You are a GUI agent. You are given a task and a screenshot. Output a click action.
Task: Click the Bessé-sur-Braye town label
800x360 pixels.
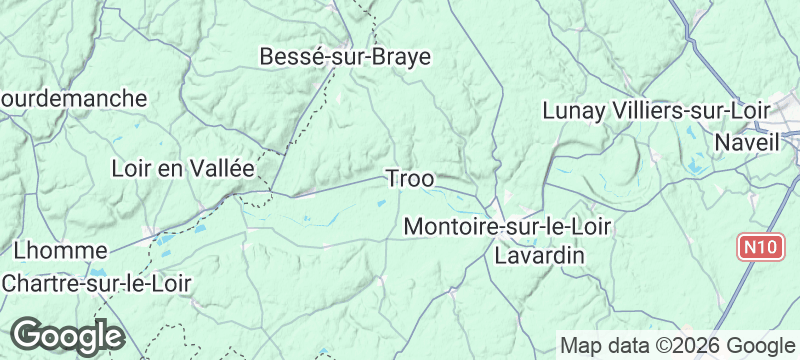(x=344, y=57)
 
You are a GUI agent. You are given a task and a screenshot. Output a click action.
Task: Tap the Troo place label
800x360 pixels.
(x=410, y=180)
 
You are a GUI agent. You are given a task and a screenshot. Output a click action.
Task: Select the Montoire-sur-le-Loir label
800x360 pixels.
(x=507, y=228)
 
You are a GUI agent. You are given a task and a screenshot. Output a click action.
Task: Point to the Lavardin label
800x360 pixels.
(x=540, y=256)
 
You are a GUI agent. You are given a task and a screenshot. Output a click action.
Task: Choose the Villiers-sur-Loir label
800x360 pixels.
(x=691, y=111)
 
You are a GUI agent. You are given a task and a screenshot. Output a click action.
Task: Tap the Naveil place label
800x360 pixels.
(x=747, y=143)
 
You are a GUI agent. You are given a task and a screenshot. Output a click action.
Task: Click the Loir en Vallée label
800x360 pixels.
(x=184, y=168)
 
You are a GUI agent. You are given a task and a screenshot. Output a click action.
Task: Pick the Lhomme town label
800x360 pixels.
(x=61, y=250)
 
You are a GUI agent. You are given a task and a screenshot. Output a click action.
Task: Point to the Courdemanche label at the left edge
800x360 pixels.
(x=74, y=99)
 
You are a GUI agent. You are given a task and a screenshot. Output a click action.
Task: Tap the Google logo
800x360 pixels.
(x=67, y=336)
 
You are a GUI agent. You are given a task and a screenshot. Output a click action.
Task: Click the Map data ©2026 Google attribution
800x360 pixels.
(x=676, y=345)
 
